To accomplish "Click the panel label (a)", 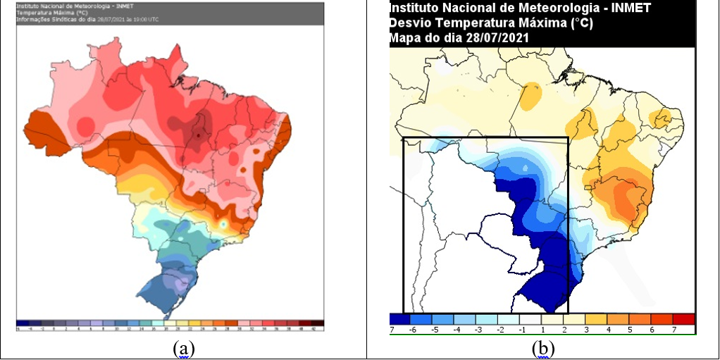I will [x=184, y=348].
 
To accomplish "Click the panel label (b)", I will [x=543, y=348].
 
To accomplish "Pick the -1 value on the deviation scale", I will [x=523, y=330].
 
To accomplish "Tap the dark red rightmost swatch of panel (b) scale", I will [x=683, y=319].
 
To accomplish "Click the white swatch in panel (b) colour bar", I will [x=533, y=319].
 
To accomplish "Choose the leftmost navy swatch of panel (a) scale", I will [x=20, y=323].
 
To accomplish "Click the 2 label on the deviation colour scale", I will [x=565, y=330].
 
